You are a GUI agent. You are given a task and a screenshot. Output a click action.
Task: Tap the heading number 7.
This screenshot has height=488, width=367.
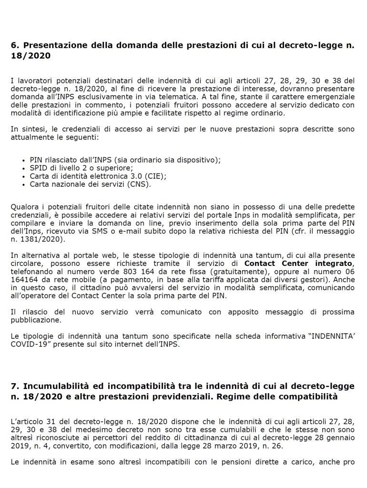pos(13,386)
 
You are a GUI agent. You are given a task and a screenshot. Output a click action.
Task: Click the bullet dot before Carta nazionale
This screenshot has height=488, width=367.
pos(24,184)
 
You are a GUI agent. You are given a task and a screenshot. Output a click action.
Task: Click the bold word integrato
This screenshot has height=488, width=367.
pos(329,264)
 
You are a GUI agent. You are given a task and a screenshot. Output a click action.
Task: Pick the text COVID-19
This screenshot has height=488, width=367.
pos(26,345)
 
